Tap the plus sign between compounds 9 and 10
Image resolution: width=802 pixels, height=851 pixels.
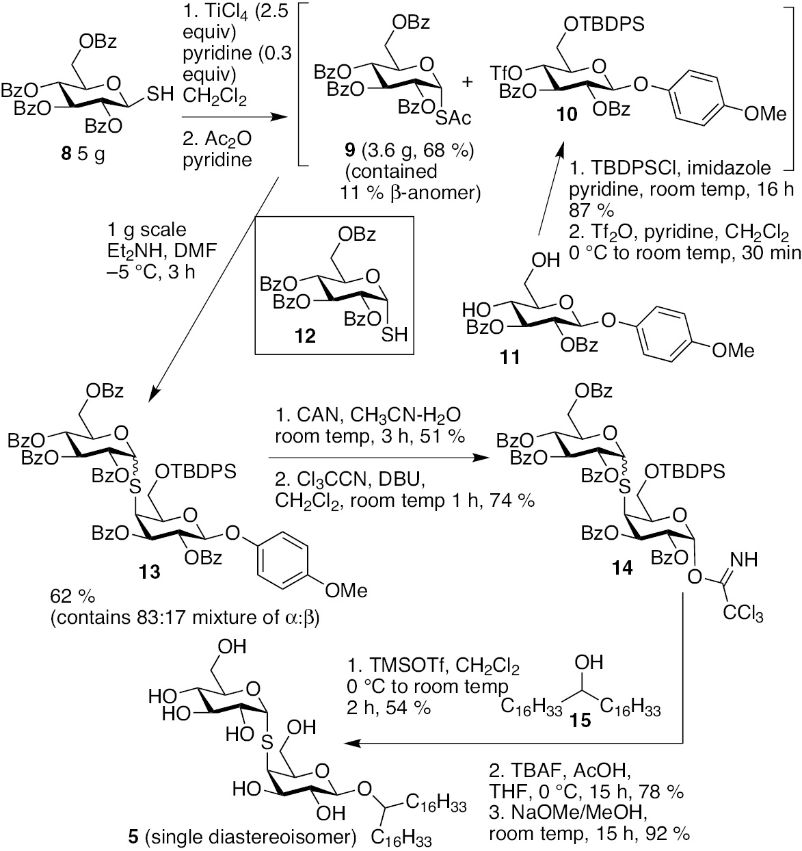coord(468,81)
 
